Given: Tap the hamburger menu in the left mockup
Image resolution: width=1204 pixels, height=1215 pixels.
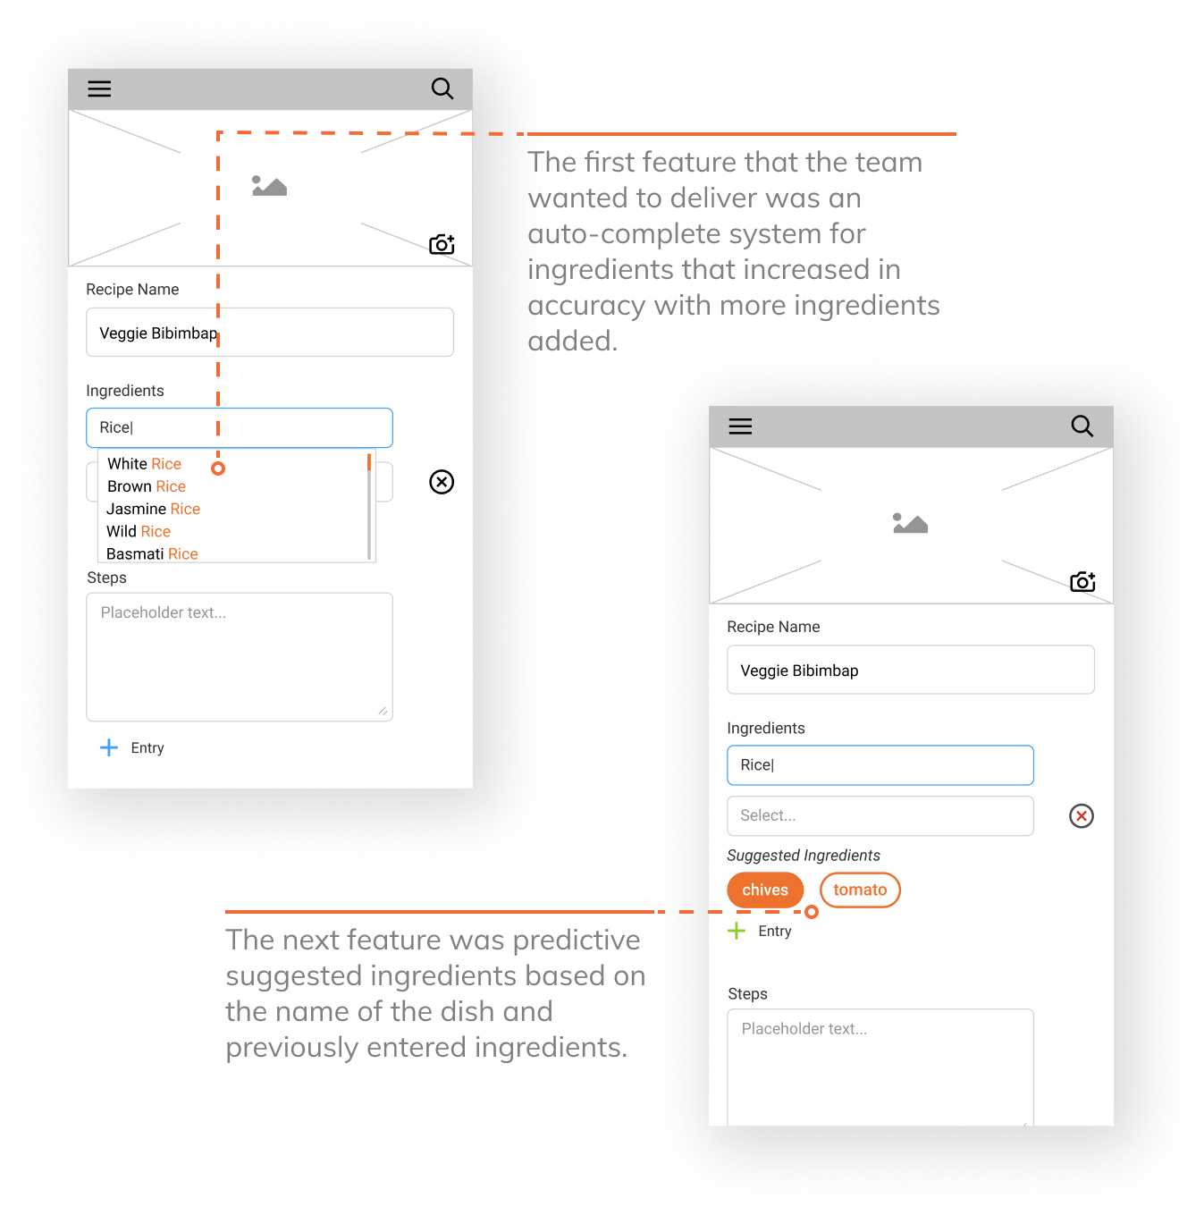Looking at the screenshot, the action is [99, 89].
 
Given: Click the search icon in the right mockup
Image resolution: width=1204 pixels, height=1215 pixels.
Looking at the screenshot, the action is [1082, 426].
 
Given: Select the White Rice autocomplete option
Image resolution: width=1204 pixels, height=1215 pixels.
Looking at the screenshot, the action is [144, 463].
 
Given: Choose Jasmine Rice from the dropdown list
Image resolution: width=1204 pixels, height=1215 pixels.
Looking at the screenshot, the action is [153, 509].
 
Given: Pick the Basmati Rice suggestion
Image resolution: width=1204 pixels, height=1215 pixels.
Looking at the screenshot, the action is [152, 553].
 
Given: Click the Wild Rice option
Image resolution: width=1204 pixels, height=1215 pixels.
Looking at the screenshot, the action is [138, 531].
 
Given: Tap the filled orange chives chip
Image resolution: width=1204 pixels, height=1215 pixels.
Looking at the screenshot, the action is [764, 890].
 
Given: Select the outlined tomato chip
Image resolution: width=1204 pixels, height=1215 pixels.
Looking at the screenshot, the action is [860, 890].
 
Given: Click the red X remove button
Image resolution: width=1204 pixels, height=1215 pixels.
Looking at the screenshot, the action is [1081, 816].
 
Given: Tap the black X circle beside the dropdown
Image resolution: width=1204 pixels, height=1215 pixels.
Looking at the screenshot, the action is [442, 482].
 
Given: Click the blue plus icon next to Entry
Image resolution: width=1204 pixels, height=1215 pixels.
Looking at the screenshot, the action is [108, 747].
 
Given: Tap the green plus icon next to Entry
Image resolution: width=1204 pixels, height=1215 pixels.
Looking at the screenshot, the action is [736, 931].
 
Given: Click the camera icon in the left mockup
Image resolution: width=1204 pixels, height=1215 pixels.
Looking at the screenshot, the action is [442, 244].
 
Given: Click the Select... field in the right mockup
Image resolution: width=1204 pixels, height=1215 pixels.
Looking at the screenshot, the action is [880, 816].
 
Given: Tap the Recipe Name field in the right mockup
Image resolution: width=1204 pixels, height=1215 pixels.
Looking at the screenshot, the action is [910, 670].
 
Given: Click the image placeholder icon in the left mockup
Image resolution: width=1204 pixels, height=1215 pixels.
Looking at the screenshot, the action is [269, 186].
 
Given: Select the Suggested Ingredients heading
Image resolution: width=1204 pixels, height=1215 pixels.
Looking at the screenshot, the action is [803, 855].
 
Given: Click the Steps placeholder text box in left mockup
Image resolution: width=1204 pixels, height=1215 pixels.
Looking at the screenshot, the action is [240, 656].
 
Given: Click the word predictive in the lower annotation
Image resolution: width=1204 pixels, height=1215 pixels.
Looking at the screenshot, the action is [577, 941].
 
